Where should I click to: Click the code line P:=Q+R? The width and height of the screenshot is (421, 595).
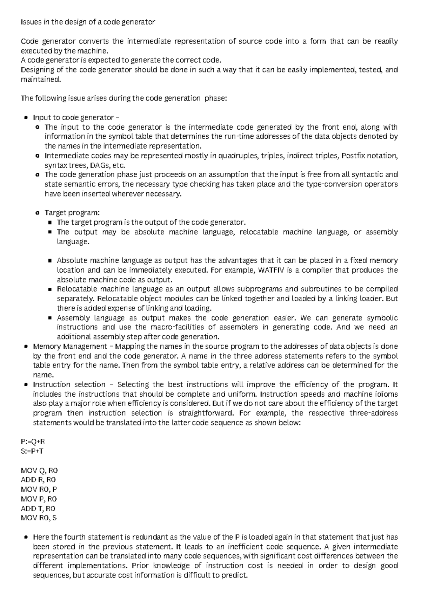click(33, 442)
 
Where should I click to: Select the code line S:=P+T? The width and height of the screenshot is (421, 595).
click(33, 451)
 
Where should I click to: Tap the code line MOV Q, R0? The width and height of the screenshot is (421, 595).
click(39, 470)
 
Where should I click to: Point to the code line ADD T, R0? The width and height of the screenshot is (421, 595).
click(38, 508)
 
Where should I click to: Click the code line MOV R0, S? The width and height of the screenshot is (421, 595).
click(39, 518)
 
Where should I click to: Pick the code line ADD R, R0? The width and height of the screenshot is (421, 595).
click(38, 480)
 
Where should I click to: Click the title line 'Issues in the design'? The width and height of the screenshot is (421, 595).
click(88, 22)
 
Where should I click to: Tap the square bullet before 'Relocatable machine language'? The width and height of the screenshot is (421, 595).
click(49, 289)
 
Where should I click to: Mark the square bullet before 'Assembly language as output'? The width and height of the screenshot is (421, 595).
click(49, 318)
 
